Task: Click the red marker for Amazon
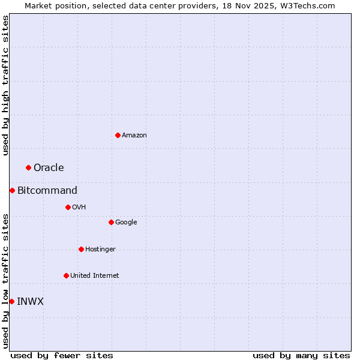[118, 135]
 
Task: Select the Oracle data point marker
[28, 167]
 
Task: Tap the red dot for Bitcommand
[12, 190]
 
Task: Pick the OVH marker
[68, 207]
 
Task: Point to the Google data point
[111, 222]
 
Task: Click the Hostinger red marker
[81, 249]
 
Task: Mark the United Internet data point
[66, 275]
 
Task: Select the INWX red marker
[11, 301]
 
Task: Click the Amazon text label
[134, 136]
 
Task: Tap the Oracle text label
[49, 168]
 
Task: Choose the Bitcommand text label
[47, 191]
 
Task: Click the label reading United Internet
[94, 276]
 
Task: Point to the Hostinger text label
[100, 250]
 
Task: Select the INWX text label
[30, 302]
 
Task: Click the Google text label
[126, 223]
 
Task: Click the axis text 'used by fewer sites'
[62, 355]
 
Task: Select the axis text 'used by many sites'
[301, 355]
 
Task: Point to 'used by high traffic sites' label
[5, 85]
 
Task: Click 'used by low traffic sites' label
[5, 281]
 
